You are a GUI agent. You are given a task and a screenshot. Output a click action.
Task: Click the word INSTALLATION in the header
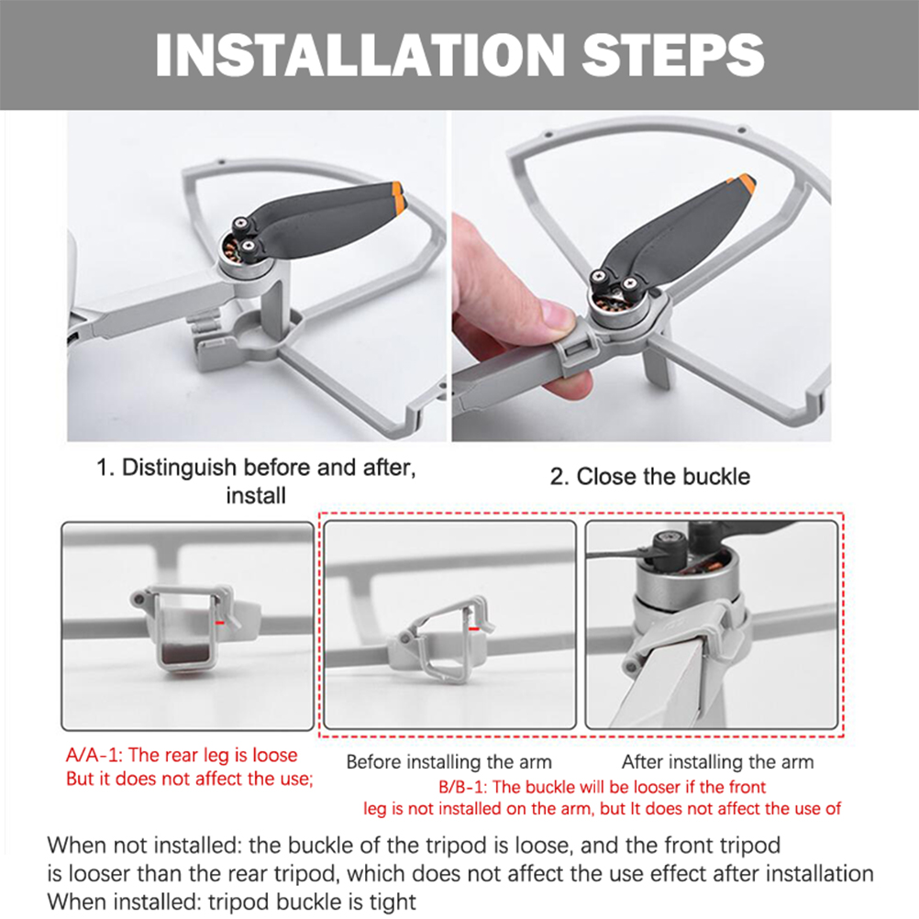tap(360, 54)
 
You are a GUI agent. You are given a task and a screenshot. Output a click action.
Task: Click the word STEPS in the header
tap(673, 54)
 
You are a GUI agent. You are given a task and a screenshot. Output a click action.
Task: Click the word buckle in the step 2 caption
tap(716, 477)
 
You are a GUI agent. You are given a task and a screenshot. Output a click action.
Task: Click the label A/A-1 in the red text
tap(93, 755)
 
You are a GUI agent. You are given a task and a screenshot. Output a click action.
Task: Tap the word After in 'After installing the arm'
tap(640, 762)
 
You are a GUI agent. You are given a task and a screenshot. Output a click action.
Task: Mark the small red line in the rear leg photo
tap(220, 623)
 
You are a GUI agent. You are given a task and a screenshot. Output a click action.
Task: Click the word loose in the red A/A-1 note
tap(275, 755)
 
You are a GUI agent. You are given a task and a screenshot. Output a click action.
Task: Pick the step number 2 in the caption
tap(557, 477)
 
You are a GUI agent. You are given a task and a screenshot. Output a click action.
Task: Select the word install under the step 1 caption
tap(256, 496)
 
